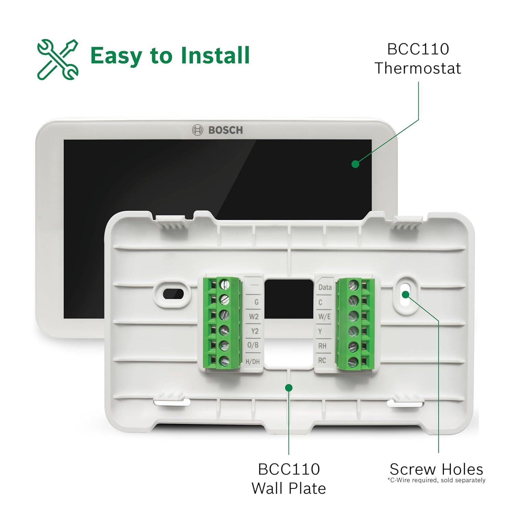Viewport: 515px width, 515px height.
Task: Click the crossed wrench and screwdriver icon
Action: click(58, 59)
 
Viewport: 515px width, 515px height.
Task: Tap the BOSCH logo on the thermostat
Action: click(217, 130)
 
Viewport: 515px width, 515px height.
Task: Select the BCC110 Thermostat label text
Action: click(417, 59)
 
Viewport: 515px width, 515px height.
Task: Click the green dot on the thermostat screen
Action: click(355, 164)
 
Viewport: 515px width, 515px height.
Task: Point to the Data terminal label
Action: click(324, 287)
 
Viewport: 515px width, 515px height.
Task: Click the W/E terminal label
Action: click(324, 317)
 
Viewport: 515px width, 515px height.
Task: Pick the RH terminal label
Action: click(322, 346)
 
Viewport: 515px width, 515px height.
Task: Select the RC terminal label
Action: click(322, 360)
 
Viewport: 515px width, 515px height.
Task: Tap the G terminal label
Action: click(256, 302)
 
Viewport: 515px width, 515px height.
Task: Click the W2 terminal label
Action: click(254, 317)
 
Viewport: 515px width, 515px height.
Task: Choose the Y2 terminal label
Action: click(254, 331)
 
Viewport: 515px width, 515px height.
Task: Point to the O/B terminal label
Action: click(253, 345)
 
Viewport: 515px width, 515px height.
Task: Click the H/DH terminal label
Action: click(253, 362)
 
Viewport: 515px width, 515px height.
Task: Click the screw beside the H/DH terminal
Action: click(224, 361)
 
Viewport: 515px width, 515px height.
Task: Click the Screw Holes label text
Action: click(436, 469)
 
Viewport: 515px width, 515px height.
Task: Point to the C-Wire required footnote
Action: click(436, 480)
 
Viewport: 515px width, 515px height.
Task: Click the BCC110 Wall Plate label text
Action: click(289, 479)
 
